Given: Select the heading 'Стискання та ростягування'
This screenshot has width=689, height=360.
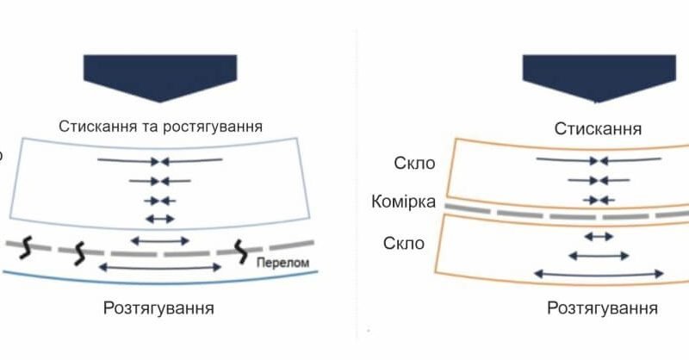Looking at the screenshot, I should [160, 126].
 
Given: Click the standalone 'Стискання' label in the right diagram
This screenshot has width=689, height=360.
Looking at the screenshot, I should [597, 129].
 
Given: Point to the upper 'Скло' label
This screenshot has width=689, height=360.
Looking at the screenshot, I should [413, 164].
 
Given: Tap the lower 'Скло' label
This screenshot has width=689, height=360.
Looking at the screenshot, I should [404, 244].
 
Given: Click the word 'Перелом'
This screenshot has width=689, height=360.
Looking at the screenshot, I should [281, 260].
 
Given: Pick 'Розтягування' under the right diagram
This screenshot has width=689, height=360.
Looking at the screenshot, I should [603, 308].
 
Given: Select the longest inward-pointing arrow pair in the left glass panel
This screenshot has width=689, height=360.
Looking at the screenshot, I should [160, 160].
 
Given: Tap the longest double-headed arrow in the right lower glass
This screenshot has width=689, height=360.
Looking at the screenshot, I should [599, 273].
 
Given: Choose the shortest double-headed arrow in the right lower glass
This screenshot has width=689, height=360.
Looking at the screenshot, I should [599, 235].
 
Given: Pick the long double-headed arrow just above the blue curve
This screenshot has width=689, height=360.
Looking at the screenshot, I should [160, 268].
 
